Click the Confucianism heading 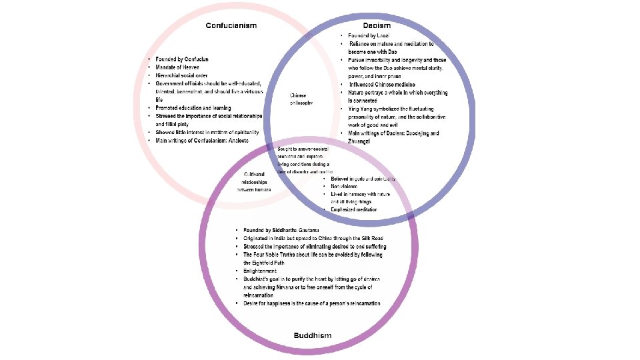click(231, 25)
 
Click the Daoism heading click(377, 25)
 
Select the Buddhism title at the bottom click(313, 335)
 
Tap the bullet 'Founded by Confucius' click(181, 59)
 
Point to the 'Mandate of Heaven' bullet click(178, 67)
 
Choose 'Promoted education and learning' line click(193, 107)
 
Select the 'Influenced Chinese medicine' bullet click(383, 85)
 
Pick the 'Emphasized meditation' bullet click(354, 210)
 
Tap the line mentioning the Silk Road click(313, 238)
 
